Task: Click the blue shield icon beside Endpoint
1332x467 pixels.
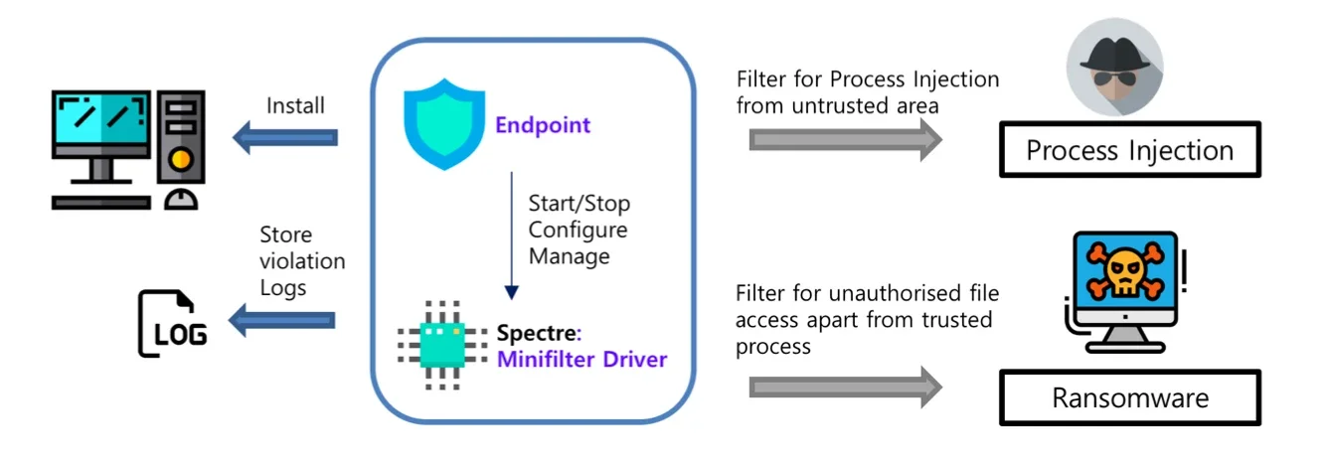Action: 444,124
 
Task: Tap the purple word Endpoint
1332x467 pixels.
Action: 543,125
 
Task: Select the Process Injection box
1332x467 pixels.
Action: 1130,149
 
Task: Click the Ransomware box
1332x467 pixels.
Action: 1130,397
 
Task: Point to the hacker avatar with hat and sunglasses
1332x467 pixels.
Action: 1114,67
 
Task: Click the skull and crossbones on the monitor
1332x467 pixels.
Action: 1125,269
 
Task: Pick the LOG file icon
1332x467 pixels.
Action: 172,323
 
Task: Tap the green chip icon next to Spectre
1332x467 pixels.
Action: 442,345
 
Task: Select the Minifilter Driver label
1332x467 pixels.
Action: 583,360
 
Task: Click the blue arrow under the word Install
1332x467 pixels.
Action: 285,138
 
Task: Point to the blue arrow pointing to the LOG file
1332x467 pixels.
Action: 282,320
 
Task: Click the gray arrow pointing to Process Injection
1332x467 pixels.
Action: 846,140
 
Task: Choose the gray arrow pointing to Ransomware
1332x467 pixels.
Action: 846,388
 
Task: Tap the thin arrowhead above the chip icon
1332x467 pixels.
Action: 511,292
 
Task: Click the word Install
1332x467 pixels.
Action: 295,105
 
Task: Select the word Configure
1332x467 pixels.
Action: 578,230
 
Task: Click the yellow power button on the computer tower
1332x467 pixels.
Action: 181,159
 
